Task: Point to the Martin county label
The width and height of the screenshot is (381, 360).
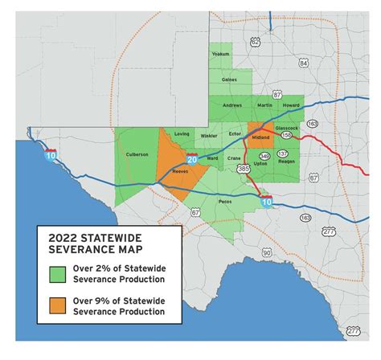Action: tap(264, 105)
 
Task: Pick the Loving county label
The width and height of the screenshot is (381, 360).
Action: tap(182, 134)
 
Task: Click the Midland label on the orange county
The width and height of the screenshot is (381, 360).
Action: tap(261, 137)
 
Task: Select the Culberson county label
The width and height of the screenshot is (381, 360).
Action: tap(137, 154)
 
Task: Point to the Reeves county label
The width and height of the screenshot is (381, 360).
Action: tap(179, 171)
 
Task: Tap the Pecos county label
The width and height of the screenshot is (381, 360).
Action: tap(226, 201)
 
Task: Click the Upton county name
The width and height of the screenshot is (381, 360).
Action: tap(261, 163)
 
